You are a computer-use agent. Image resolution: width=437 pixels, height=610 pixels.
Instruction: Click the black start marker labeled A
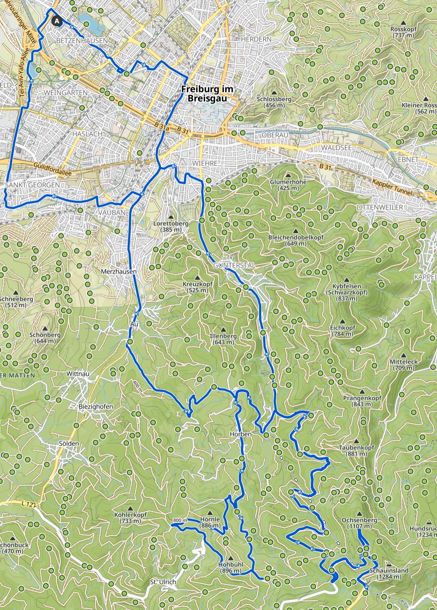coord(56,21)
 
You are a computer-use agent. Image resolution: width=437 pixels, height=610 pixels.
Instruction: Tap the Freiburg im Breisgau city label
coord(207,94)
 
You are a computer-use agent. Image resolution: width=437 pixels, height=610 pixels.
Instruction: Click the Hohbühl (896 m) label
coord(231,568)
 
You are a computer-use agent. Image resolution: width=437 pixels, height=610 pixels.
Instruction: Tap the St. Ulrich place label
coord(163,582)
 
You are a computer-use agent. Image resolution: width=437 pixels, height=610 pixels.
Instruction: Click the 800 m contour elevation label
coord(180,520)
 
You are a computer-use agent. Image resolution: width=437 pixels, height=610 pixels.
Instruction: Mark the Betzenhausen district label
coord(82,41)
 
